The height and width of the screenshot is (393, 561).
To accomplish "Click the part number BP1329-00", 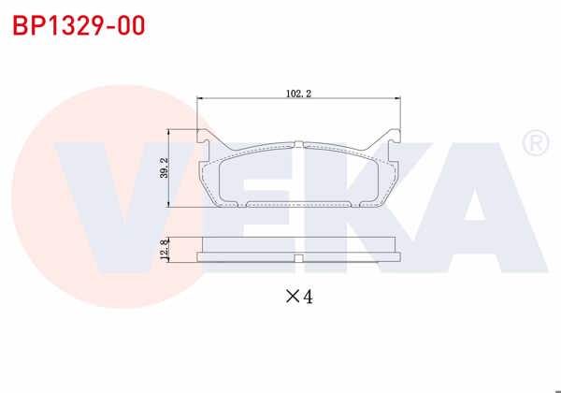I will click(79, 25).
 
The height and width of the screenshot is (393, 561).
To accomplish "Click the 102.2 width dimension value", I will click(298, 93).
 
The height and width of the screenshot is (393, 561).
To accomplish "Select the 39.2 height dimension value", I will click(164, 167).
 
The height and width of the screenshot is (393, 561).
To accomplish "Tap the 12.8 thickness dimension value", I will click(164, 253).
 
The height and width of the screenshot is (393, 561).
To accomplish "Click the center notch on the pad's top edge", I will click(298, 144).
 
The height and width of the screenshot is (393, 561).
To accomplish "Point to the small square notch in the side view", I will click(298, 257).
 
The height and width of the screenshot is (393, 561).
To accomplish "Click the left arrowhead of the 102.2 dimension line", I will click(201, 99).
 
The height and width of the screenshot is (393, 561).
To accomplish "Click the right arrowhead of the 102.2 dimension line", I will click(399, 99).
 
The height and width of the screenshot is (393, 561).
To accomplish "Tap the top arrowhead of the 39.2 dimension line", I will click(169, 131).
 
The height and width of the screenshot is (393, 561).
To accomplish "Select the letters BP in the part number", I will click(26, 25).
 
